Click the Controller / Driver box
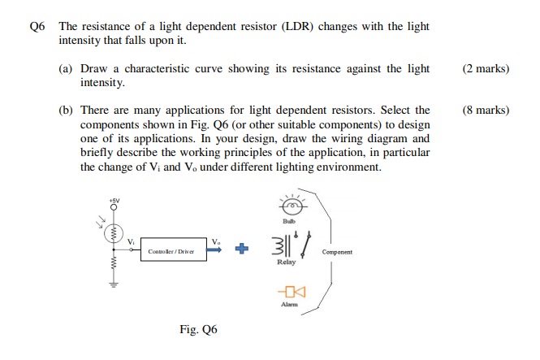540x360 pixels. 171,251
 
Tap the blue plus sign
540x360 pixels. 240,250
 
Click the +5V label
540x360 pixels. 114,200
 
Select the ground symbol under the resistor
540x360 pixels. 114,284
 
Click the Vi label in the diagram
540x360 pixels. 131,241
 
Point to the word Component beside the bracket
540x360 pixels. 337,252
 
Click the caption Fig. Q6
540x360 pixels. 198,330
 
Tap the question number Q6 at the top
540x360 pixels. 37,26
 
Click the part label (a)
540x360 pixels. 67,69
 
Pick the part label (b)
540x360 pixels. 67,110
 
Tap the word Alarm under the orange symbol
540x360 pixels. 290,305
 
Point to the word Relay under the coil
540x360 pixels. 286,262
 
